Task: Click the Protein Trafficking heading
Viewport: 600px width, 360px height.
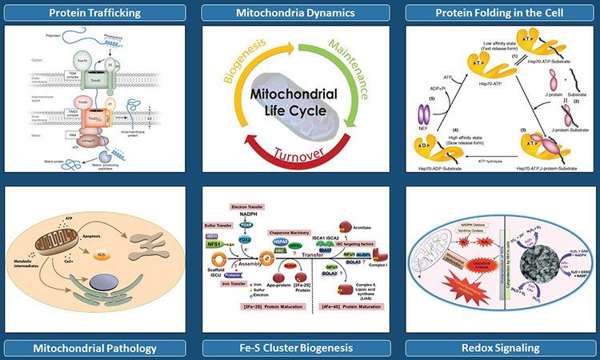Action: [x=99, y=12]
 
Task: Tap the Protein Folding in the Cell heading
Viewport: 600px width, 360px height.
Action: [x=500, y=12]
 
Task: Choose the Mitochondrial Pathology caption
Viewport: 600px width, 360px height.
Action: [x=99, y=347]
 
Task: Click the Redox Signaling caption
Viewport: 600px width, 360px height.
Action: [x=500, y=347]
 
